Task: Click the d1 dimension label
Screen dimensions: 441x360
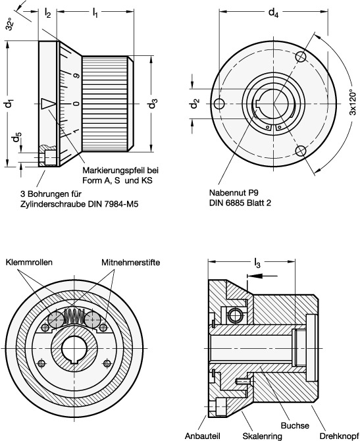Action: pyautogui.click(x=8, y=103)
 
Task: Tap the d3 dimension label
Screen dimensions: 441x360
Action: pyautogui.click(x=153, y=103)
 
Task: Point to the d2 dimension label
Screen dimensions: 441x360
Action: pyautogui.click(x=194, y=103)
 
